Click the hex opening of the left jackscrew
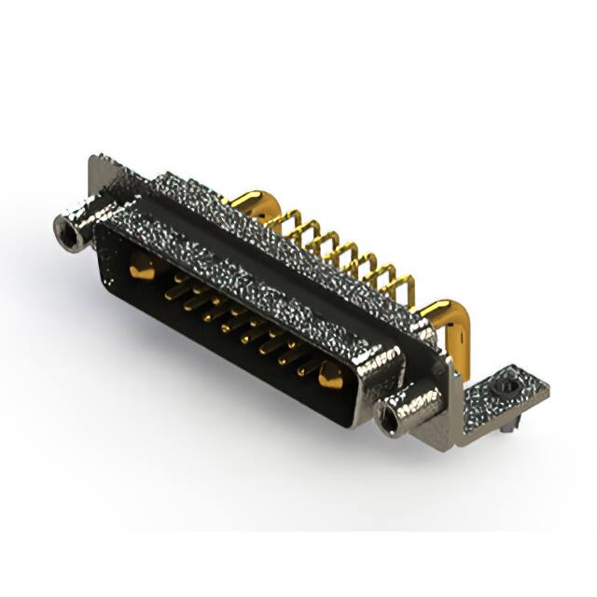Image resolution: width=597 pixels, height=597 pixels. (x=64, y=227)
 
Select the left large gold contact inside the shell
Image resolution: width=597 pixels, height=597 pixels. (x=140, y=270)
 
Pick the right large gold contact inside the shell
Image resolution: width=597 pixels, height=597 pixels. (x=329, y=376)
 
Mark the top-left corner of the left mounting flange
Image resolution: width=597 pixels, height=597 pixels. (x=92, y=159)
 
